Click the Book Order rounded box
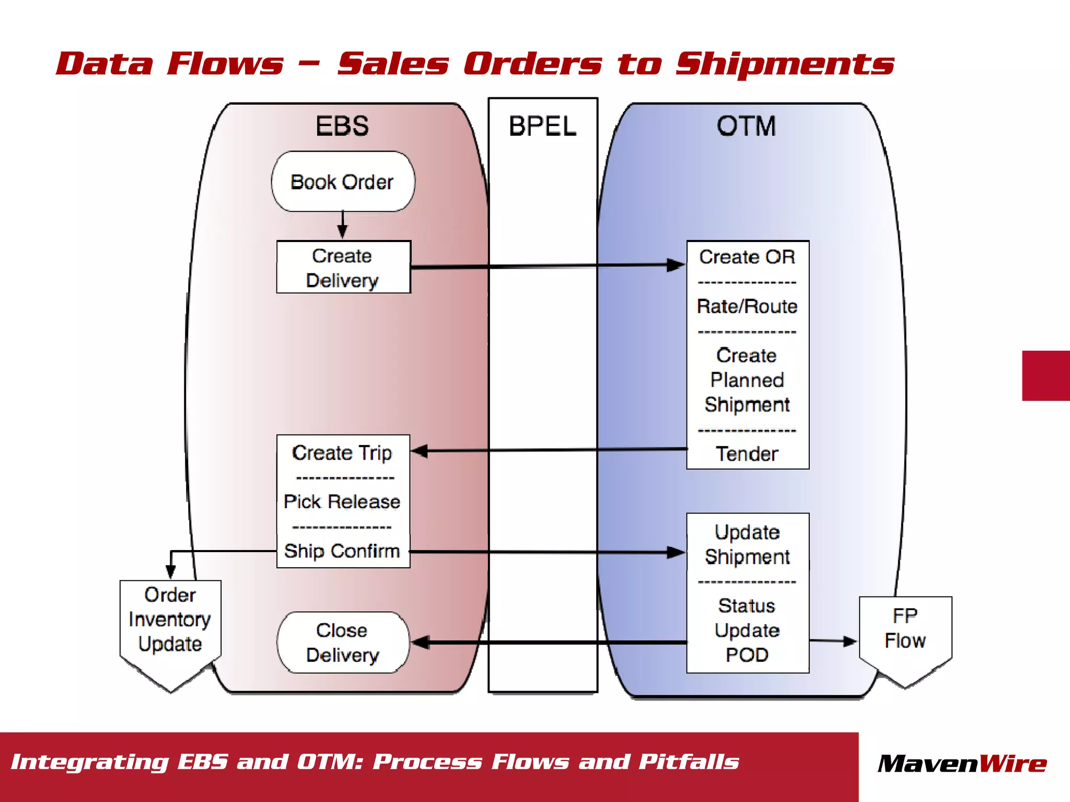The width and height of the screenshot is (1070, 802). (343, 182)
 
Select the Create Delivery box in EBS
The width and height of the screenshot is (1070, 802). (343, 267)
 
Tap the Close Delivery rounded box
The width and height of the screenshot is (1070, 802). (343, 643)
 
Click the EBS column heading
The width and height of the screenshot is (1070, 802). (342, 126)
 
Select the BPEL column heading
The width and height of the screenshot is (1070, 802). (542, 127)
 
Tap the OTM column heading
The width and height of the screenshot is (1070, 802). (746, 126)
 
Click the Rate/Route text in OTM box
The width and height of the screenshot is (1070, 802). (747, 306)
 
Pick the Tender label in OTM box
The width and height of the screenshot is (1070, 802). (747, 454)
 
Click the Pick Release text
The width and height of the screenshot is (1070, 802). (342, 502)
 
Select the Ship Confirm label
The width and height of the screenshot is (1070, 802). (342, 551)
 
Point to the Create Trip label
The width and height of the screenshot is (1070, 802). (342, 453)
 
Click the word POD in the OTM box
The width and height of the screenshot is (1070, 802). (747, 655)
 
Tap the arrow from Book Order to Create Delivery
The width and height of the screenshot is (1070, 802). (343, 225)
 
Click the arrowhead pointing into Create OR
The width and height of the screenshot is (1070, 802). (676, 265)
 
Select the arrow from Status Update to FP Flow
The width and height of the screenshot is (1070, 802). (833, 641)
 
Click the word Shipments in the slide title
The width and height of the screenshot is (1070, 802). (784, 64)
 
